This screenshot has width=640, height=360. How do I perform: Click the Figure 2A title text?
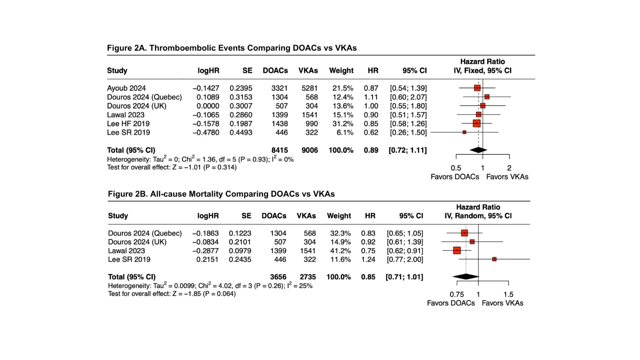point(232,48)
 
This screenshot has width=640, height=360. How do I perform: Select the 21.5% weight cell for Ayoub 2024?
point(342,88)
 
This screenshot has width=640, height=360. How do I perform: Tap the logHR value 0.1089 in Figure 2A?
point(208,97)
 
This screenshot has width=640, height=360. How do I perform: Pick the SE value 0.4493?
point(241,132)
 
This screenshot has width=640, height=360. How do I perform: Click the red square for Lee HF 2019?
point(476,124)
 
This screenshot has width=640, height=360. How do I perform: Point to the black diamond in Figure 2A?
point(478,150)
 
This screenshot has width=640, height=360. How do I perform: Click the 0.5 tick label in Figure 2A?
point(456,168)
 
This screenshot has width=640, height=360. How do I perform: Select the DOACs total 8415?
point(279,150)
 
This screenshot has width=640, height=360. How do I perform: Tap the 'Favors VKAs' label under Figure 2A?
point(507,177)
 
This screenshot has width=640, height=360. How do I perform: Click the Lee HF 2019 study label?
point(128,124)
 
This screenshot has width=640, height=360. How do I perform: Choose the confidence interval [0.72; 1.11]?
point(408,150)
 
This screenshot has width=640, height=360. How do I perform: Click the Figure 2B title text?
point(221,194)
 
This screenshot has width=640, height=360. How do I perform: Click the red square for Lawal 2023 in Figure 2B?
point(457,251)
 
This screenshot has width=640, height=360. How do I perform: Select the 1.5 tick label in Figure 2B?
point(508,294)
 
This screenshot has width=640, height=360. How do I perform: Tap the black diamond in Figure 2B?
point(466,276)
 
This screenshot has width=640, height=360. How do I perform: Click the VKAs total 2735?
point(308,277)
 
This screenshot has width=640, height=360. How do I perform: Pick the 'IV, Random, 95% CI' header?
point(478,216)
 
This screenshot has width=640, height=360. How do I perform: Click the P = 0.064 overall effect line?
point(172,294)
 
